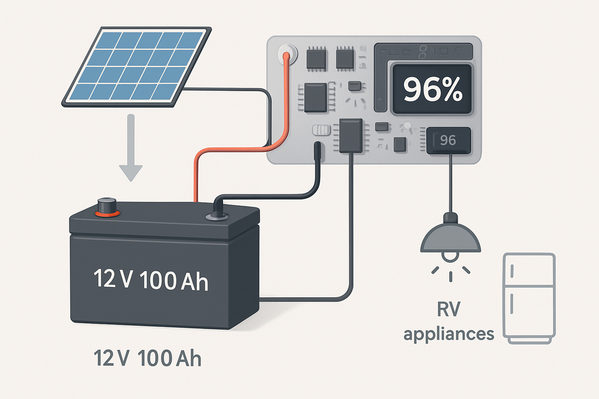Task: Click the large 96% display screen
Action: (x=432, y=89)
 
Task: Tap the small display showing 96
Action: (x=448, y=140)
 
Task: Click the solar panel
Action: (x=136, y=66)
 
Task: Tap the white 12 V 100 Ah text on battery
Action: (x=151, y=280)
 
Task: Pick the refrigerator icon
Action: (x=529, y=298)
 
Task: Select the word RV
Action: (x=448, y=309)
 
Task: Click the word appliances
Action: (x=448, y=334)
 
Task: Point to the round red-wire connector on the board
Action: (x=287, y=53)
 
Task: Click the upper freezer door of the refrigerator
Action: (x=529, y=270)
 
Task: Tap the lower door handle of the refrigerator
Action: (x=512, y=304)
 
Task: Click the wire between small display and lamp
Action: (x=451, y=183)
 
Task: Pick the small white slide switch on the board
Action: (x=321, y=130)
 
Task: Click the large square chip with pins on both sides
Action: (x=315, y=97)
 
